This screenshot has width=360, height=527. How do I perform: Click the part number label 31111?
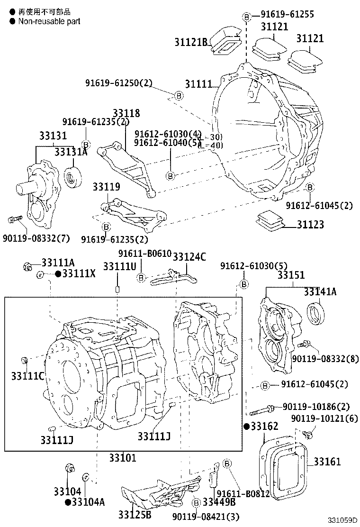(x=198, y=84)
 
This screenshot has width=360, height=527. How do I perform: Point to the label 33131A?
(x=71, y=152)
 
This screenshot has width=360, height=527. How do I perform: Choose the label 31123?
(x=310, y=224)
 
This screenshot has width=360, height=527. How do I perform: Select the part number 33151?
(x=291, y=275)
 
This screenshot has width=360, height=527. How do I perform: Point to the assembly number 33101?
(x=122, y=457)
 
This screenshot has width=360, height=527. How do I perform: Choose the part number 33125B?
(x=135, y=515)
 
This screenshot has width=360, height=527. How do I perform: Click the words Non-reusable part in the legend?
(x=49, y=21)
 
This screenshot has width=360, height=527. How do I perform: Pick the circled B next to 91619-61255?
(x=246, y=17)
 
